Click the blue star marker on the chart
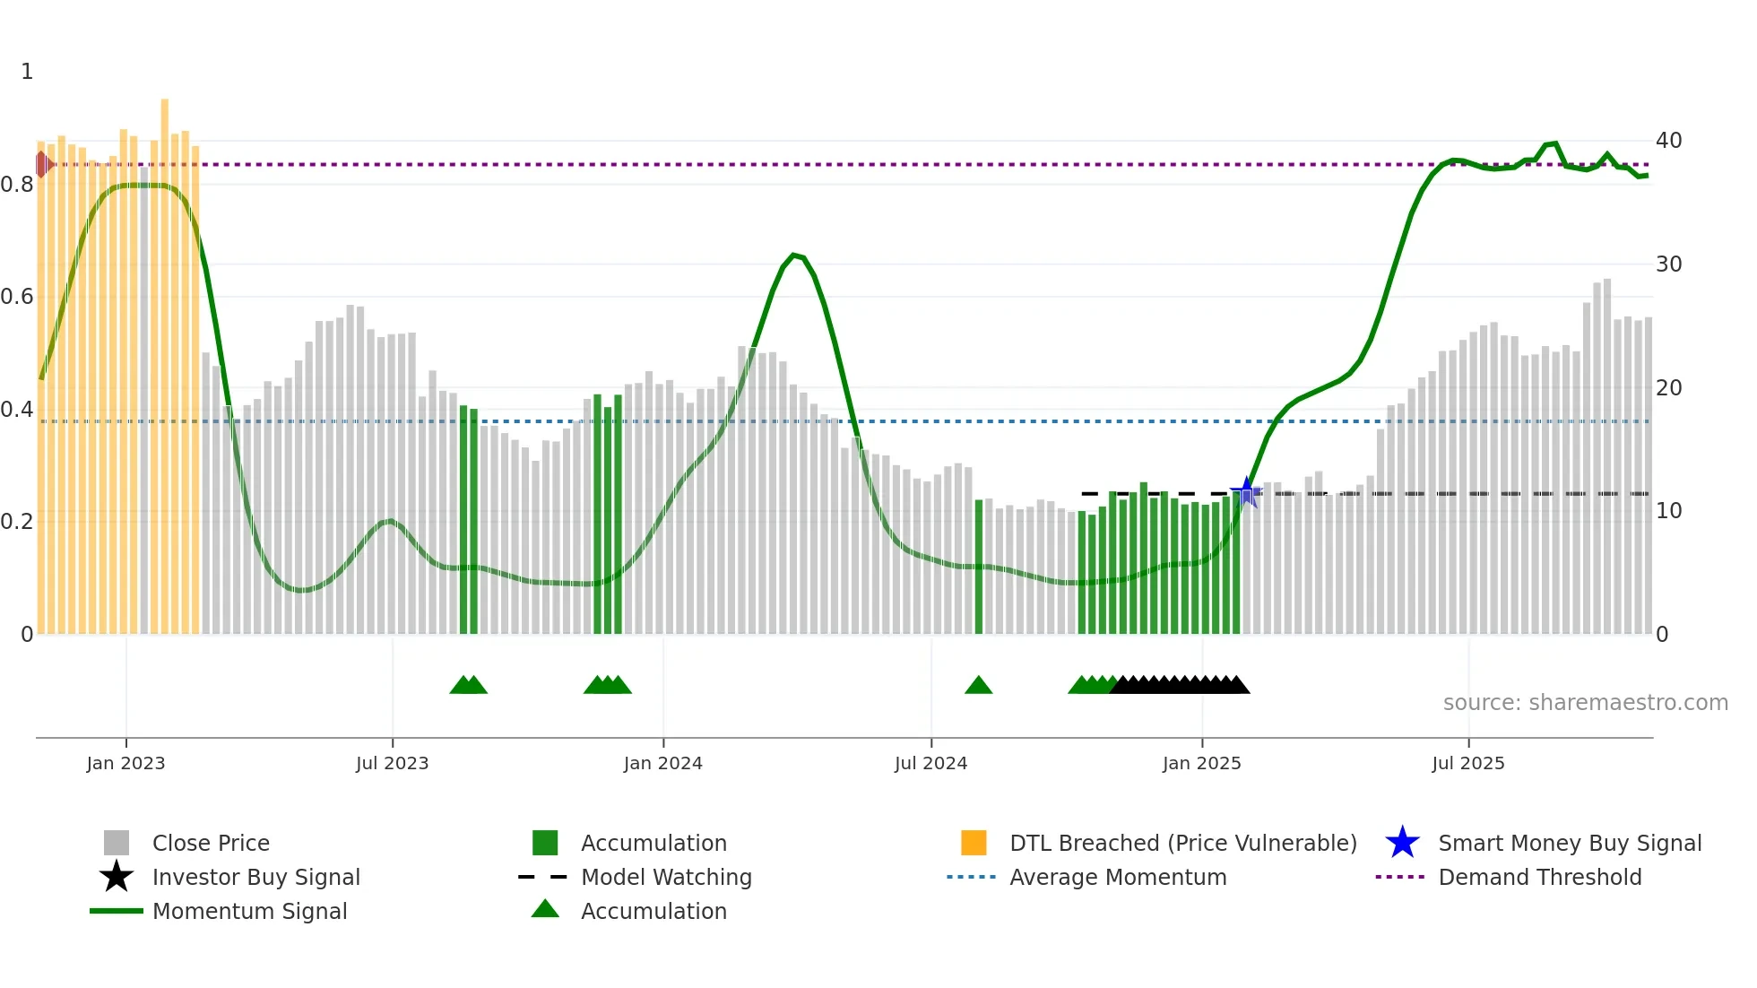[x=1246, y=492]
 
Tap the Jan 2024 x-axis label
[x=662, y=763]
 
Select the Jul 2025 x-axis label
[x=1467, y=763]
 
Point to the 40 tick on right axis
[x=1668, y=141]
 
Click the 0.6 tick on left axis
[x=18, y=297]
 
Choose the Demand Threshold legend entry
[x=1539, y=878]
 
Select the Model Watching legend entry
[x=665, y=878]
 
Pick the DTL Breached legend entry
[x=1182, y=844]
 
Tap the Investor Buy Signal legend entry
[x=255, y=878]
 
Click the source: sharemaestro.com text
[x=1585, y=703]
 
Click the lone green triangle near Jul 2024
[x=978, y=686]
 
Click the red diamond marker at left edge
[x=42, y=164]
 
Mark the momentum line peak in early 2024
[x=794, y=256]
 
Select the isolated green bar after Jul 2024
[x=979, y=567]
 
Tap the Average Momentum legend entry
[x=1117, y=878]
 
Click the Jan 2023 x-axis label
[x=125, y=763]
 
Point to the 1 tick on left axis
[x=27, y=72]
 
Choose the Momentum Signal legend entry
[x=249, y=912]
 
